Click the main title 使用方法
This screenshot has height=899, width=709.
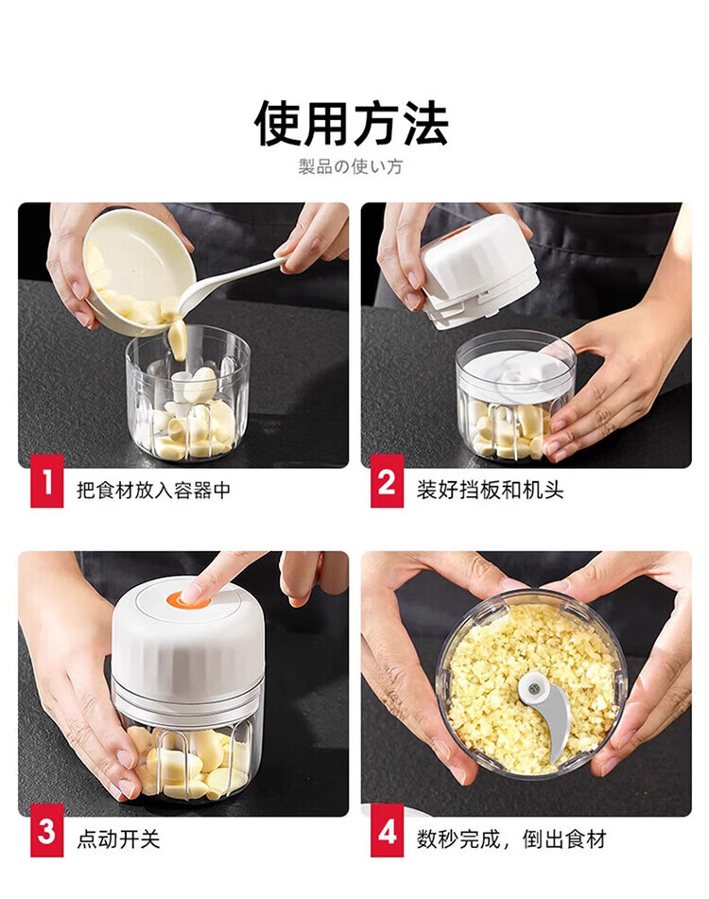point(351,123)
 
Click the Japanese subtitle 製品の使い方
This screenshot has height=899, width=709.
point(350,166)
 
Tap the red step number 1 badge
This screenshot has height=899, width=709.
point(47,480)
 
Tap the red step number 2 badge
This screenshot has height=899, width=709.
point(387,480)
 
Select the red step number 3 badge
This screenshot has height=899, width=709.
point(47,830)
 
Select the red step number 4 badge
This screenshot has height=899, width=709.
point(387,830)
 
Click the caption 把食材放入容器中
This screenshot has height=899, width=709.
point(153,491)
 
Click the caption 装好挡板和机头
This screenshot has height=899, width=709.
point(490,491)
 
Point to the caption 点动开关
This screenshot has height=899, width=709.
point(118,839)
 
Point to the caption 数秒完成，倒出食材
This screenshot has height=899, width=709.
point(511,839)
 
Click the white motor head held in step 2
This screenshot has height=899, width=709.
point(479,269)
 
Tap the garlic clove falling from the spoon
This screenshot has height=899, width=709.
point(179,339)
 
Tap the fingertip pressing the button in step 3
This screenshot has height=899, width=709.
point(192,593)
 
